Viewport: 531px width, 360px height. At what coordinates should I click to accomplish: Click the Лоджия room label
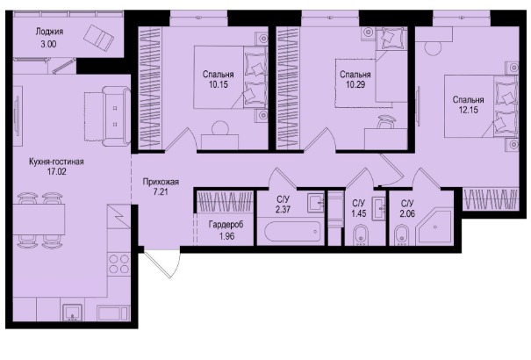pos(49,32)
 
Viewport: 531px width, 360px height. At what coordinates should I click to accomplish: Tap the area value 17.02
pos(56,172)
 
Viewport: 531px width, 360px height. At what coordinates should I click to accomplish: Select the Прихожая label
pos(161,182)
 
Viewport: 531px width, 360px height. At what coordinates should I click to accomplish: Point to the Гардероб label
pos(226,225)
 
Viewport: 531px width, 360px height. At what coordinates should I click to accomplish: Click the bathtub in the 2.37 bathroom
pos(292,231)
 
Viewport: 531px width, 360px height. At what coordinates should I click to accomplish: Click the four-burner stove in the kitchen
pos(118,264)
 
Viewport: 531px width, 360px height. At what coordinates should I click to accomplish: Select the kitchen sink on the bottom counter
pos(72,312)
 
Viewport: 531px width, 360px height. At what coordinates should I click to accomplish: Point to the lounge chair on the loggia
pos(98,38)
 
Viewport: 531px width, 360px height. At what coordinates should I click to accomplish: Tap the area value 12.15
pos(469,110)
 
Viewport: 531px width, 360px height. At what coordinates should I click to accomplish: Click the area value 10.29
pos(355,84)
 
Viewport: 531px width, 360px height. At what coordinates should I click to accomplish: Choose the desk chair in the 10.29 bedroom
pos(386,122)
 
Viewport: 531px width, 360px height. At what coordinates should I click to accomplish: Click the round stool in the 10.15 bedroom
pos(219,128)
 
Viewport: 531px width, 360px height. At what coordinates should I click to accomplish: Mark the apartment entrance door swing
pos(161,264)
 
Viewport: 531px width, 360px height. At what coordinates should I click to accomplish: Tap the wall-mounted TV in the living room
pos(18,116)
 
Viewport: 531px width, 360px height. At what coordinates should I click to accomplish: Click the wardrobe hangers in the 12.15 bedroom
pos(491,199)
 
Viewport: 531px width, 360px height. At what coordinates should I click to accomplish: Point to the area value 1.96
pos(227,236)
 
